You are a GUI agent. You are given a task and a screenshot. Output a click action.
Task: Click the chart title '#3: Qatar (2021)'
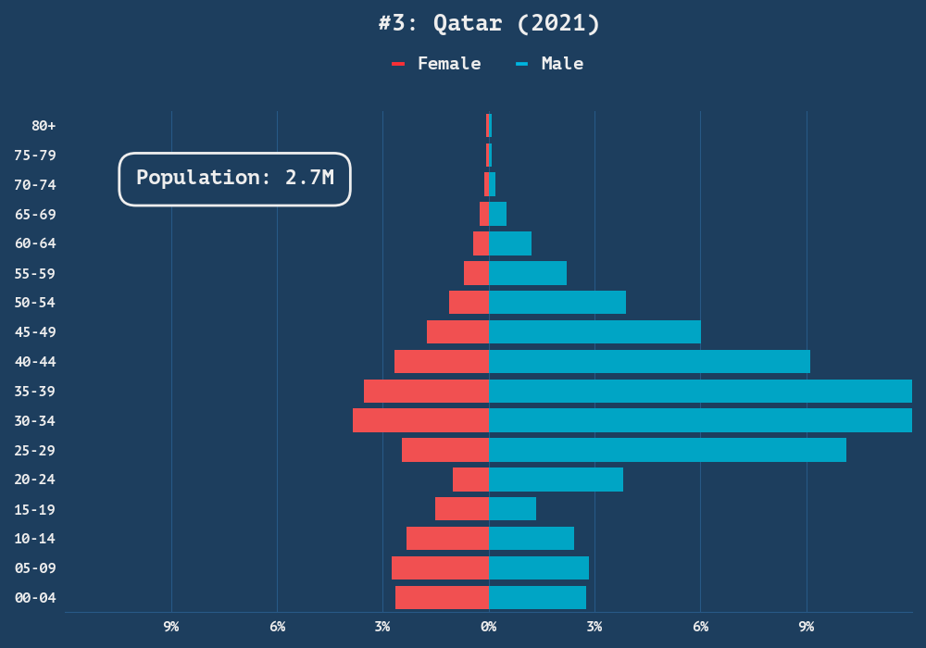(489, 23)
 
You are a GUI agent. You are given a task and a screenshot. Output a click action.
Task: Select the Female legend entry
(437, 64)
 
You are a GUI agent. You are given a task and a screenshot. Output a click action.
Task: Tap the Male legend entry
(550, 64)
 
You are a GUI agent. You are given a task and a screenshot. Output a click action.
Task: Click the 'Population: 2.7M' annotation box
(234, 179)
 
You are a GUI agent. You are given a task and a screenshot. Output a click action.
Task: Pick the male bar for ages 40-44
(649, 361)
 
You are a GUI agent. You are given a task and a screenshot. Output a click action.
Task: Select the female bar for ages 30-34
(420, 420)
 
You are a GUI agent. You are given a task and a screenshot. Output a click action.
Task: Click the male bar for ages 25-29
(667, 450)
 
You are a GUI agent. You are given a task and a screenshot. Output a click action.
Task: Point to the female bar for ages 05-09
(440, 567)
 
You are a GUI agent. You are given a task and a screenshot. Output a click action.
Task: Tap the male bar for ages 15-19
(512, 509)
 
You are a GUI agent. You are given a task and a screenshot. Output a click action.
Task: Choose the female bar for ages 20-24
(470, 480)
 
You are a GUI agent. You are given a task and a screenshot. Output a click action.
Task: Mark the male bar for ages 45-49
(594, 331)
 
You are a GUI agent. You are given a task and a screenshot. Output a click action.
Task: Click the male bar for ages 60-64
(509, 243)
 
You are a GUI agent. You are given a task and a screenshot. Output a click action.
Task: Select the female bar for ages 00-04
(442, 597)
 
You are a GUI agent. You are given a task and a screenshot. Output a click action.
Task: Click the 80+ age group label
(44, 125)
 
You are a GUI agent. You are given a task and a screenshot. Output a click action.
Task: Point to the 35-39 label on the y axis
(35, 391)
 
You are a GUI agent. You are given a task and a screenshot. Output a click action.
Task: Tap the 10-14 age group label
(35, 539)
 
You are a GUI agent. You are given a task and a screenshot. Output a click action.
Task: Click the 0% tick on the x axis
(489, 627)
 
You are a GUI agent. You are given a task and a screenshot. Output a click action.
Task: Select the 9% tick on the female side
(171, 627)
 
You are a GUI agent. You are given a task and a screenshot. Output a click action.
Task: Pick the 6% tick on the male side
(700, 627)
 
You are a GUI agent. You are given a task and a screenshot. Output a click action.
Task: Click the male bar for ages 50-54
(557, 303)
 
